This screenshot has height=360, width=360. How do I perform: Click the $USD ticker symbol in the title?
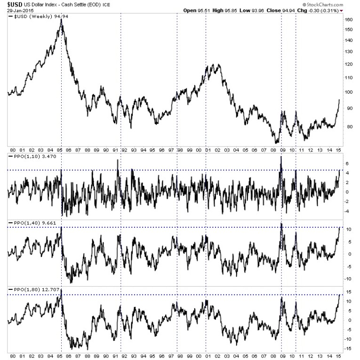[12, 4]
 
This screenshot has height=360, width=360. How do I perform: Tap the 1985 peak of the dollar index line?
[61, 20]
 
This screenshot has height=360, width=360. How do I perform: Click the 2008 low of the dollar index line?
[276, 142]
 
